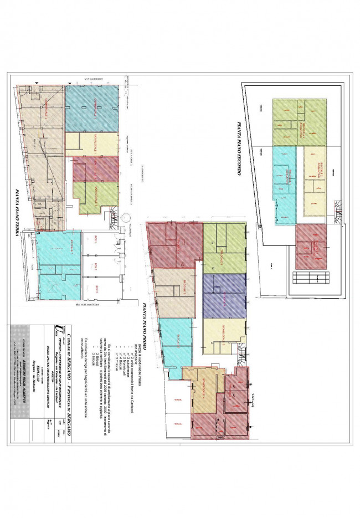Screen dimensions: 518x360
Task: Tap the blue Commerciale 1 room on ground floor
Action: click(x=91, y=109)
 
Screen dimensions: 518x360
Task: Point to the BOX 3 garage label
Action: click(x=97, y=287)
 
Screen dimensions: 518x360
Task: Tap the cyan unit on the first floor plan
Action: click(x=177, y=346)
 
